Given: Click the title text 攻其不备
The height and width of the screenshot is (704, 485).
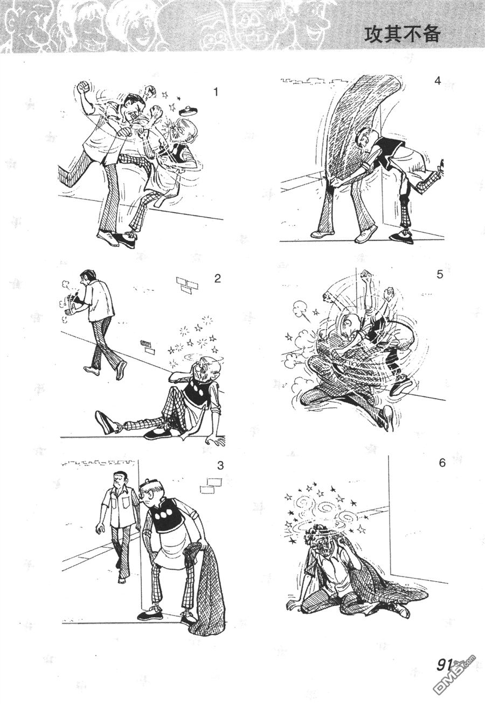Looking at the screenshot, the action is (x=401, y=34).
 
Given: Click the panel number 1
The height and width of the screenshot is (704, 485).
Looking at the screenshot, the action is (x=216, y=92).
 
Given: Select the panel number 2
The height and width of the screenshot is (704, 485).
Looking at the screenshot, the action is (x=217, y=278).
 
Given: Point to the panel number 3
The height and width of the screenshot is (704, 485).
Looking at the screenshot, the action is (x=220, y=465).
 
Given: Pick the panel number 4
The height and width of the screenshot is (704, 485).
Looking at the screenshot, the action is (x=437, y=81).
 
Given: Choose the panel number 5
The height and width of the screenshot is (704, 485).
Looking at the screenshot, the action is (x=440, y=274).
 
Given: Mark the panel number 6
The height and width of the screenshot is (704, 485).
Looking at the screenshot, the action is (x=442, y=463).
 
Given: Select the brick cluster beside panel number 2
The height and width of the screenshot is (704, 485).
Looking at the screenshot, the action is (x=187, y=285).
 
